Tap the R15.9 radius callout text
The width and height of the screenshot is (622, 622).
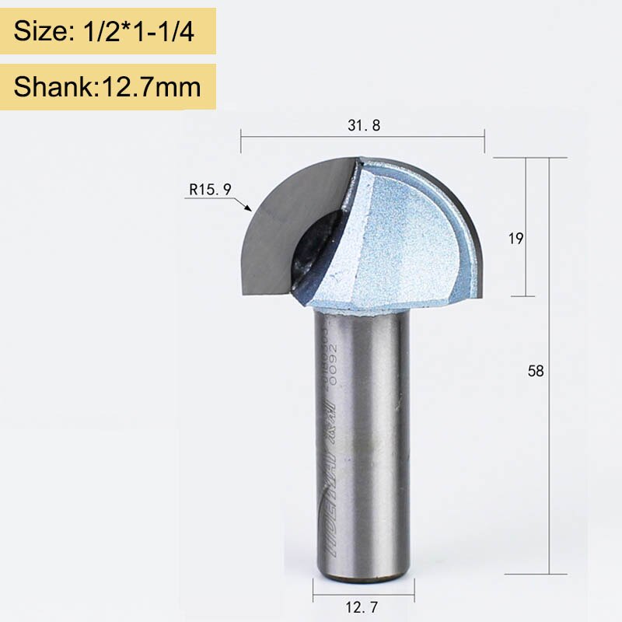coord(208,187)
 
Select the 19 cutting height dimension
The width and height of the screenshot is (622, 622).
coord(515,239)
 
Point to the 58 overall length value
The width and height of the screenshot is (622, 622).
coord(536,371)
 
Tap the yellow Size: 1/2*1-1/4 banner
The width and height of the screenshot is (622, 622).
coord(108,31)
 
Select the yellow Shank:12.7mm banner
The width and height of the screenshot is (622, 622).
coord(108,86)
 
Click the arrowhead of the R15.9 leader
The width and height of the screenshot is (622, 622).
coord(247,208)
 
